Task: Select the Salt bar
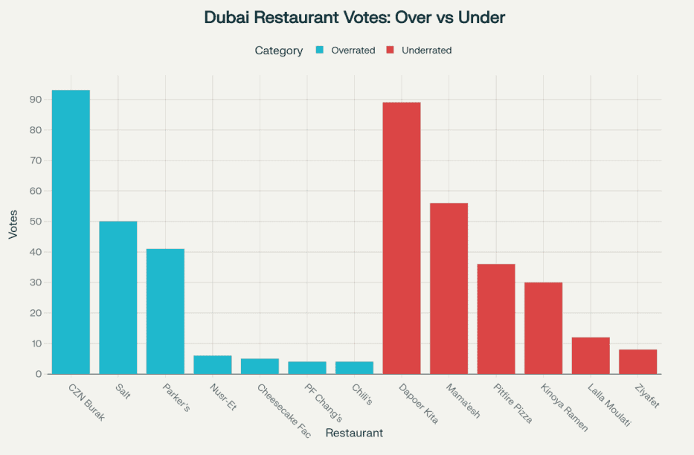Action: coord(118,297)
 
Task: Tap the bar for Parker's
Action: coord(165,312)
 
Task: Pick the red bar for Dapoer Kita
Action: coord(402,238)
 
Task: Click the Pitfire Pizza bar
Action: coord(496,319)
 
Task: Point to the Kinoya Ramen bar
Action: coord(543,328)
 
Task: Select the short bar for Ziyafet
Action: coord(637,362)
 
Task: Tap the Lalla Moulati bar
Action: coord(591,356)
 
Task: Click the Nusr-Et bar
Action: coord(213,365)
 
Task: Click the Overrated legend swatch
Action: coord(320,51)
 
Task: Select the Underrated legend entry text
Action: coord(426,51)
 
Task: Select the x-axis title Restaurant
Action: coord(354,433)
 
